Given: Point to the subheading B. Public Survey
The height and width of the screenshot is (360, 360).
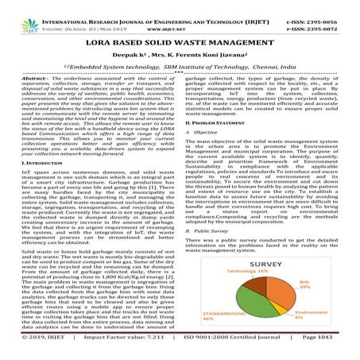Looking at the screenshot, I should (213, 262).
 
